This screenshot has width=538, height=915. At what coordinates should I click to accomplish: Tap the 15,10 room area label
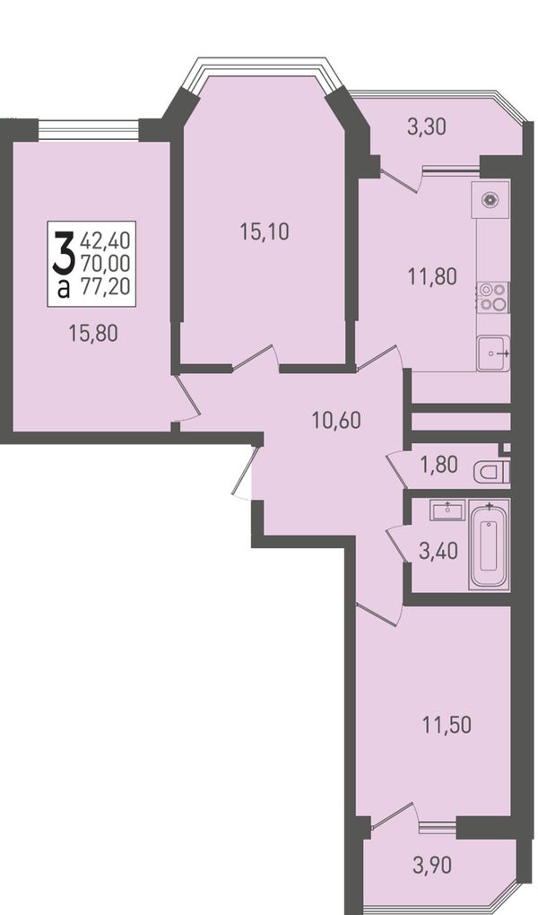click(x=265, y=232)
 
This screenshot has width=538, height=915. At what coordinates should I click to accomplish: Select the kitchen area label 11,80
click(x=432, y=276)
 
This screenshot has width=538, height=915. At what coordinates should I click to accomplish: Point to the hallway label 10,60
click(x=336, y=420)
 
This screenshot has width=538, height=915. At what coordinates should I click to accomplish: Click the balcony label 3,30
click(x=427, y=126)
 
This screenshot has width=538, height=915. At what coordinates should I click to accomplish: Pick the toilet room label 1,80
click(x=438, y=465)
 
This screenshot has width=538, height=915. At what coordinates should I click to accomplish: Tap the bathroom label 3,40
click(x=438, y=550)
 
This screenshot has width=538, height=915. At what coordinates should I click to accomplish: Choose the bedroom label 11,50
click(x=447, y=726)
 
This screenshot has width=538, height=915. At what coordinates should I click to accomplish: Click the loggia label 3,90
click(x=432, y=866)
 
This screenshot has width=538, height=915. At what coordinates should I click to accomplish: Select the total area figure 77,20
click(x=105, y=287)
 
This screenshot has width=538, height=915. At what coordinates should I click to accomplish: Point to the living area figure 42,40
click(x=105, y=240)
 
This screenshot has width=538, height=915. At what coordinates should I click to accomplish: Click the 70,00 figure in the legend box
click(x=105, y=263)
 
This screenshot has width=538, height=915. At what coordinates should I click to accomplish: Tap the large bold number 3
click(x=63, y=252)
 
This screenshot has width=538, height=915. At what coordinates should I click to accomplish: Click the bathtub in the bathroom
click(x=490, y=544)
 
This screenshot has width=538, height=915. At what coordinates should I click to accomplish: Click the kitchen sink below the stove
click(x=493, y=353)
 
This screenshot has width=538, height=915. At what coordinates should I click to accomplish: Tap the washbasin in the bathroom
click(x=447, y=510)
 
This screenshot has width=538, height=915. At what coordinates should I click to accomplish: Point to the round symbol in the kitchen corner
click(x=490, y=200)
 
